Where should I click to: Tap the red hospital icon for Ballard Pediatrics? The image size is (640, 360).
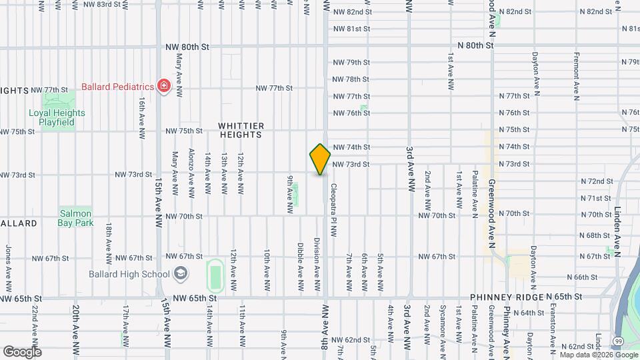click(x=163, y=86)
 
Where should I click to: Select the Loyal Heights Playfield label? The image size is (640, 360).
click(x=57, y=117)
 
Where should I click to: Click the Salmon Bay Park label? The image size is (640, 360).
click(x=76, y=218)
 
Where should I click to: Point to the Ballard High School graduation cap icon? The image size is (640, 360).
click(x=180, y=273)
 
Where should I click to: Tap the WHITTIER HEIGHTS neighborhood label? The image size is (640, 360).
click(x=241, y=130)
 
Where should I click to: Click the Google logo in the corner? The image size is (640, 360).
click(x=23, y=351)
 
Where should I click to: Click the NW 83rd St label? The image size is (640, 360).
click(x=103, y=4)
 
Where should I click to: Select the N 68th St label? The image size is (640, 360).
click(x=595, y=235)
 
